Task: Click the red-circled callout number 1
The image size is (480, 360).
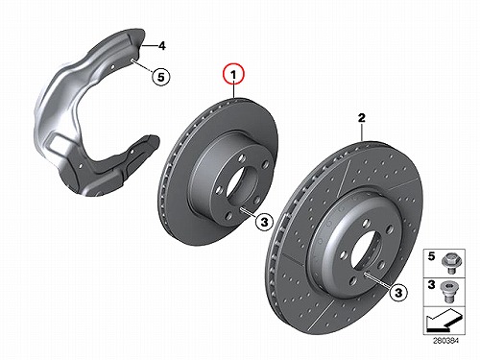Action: [x=234, y=75]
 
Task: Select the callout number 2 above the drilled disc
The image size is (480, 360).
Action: [x=361, y=118]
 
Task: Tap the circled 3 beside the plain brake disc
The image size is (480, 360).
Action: [x=264, y=222]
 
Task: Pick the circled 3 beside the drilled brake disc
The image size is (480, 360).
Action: [x=398, y=292]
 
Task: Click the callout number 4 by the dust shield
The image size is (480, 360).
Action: [x=162, y=46]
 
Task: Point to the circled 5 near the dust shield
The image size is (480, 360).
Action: [x=161, y=77]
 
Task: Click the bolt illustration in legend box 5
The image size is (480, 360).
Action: [x=449, y=262]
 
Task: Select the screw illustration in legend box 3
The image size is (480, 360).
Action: [x=449, y=292]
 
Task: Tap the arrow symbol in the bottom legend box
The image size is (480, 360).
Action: [x=444, y=320]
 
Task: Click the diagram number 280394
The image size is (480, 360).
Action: [x=445, y=341]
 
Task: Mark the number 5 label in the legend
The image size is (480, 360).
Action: [x=432, y=256]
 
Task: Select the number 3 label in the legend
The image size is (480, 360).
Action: [x=432, y=284]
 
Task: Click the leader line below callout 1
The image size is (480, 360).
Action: [x=234, y=91]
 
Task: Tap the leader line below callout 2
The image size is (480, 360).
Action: [x=362, y=132]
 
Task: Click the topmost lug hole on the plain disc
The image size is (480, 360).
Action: [x=242, y=158]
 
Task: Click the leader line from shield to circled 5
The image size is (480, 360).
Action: [x=144, y=66]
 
